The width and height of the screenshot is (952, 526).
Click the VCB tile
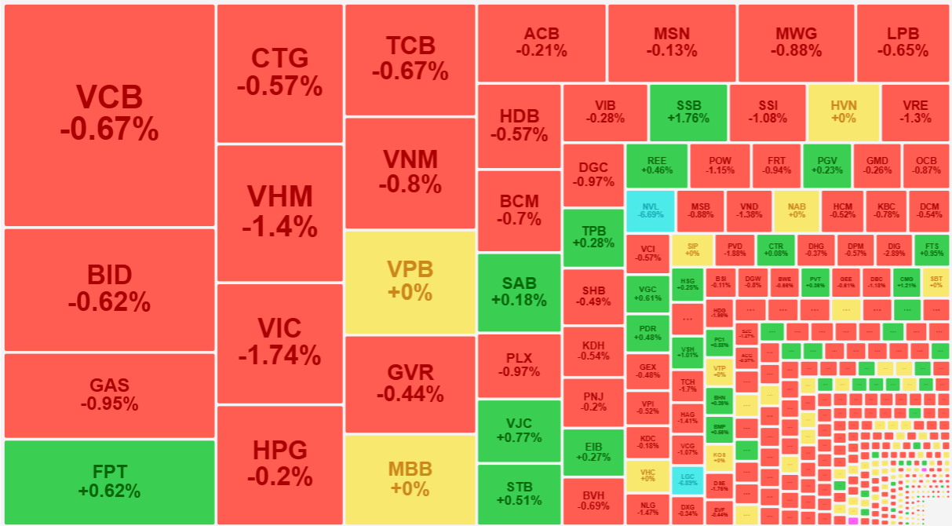click(109, 115)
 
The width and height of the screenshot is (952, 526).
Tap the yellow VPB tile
click(410, 280)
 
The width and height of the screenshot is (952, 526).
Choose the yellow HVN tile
click(843, 112)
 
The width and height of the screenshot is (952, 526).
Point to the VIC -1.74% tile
click(279, 342)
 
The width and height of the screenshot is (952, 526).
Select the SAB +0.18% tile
click(519, 291)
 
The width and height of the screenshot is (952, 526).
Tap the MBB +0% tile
click(410, 479)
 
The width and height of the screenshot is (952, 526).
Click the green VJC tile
click(519, 429)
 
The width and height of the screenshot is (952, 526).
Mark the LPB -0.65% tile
click(903, 42)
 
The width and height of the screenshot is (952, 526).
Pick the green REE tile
click(656, 165)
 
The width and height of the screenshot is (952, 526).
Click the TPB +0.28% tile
click(593, 236)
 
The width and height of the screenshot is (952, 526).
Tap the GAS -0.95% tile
click(109, 395)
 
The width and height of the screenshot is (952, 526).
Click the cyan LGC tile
click(688, 480)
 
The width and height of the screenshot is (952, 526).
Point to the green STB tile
click(519, 494)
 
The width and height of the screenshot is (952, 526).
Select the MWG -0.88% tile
click(796, 42)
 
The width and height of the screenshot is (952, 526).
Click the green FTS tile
click(932, 250)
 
